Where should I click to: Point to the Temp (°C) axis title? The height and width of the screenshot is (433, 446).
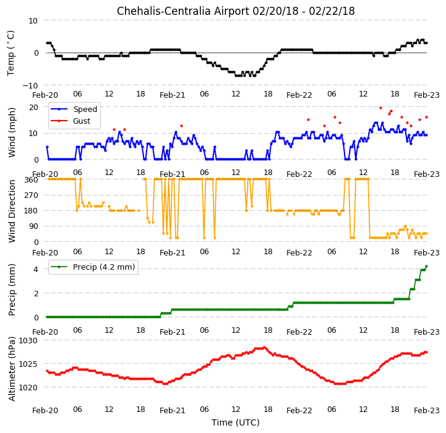(x=11, y=53)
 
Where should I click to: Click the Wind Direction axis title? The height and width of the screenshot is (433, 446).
(x=12, y=211)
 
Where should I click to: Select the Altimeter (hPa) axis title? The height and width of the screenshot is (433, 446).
(x=12, y=369)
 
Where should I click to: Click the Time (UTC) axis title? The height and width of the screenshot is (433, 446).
(x=236, y=422)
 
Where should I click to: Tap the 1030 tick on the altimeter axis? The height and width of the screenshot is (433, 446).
(x=28, y=341)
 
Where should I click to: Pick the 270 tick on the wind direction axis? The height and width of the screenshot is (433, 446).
(x=32, y=195)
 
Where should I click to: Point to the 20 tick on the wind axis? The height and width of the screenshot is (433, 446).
(x=33, y=107)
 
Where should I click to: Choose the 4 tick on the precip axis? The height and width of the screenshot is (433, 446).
(x=36, y=269)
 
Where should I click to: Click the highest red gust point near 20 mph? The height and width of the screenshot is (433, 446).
(x=380, y=108)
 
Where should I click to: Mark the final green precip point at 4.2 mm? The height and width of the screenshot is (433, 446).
(x=426, y=266)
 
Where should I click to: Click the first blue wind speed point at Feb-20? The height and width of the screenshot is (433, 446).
(x=47, y=147)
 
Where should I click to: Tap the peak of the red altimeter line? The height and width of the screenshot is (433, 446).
(x=264, y=348)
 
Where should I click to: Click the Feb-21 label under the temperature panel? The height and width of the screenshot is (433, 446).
(x=173, y=95)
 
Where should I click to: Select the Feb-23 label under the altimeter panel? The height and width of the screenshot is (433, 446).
(x=427, y=411)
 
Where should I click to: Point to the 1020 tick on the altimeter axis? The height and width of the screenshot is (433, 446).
(x=28, y=387)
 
